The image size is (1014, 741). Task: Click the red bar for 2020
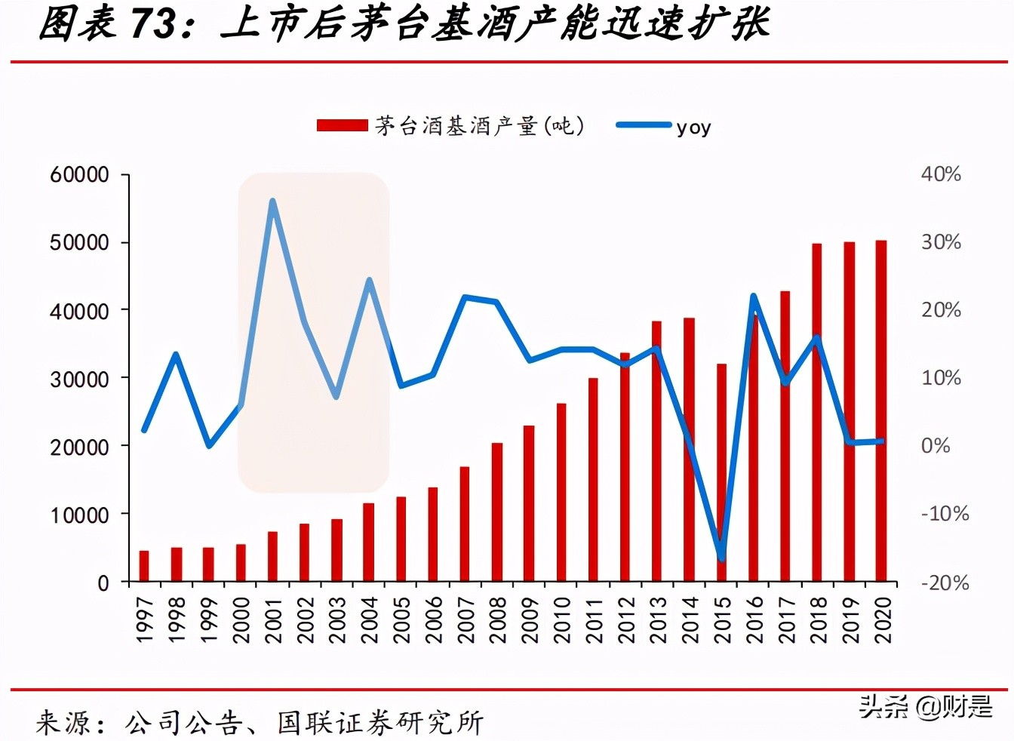(x=880, y=411)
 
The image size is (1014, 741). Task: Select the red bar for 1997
(x=144, y=567)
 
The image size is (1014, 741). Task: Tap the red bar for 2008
(x=497, y=512)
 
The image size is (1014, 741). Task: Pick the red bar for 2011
(x=593, y=480)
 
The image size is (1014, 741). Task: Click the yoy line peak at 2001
(x=272, y=201)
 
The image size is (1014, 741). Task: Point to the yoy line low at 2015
(x=721, y=558)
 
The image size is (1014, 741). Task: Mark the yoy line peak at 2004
(x=369, y=281)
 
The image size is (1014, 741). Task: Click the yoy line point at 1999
(x=209, y=445)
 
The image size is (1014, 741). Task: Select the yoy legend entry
(x=664, y=127)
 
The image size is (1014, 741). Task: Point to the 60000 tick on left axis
(x=80, y=175)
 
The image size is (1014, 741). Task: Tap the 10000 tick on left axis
(x=80, y=515)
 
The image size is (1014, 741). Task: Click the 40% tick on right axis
(x=941, y=174)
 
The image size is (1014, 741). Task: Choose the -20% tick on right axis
(x=945, y=583)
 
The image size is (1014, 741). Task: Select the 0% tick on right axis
(x=936, y=446)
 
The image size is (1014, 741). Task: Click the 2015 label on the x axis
(x=722, y=620)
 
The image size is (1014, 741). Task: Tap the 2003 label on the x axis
(x=336, y=620)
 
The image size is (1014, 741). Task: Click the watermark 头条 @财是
(x=925, y=707)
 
